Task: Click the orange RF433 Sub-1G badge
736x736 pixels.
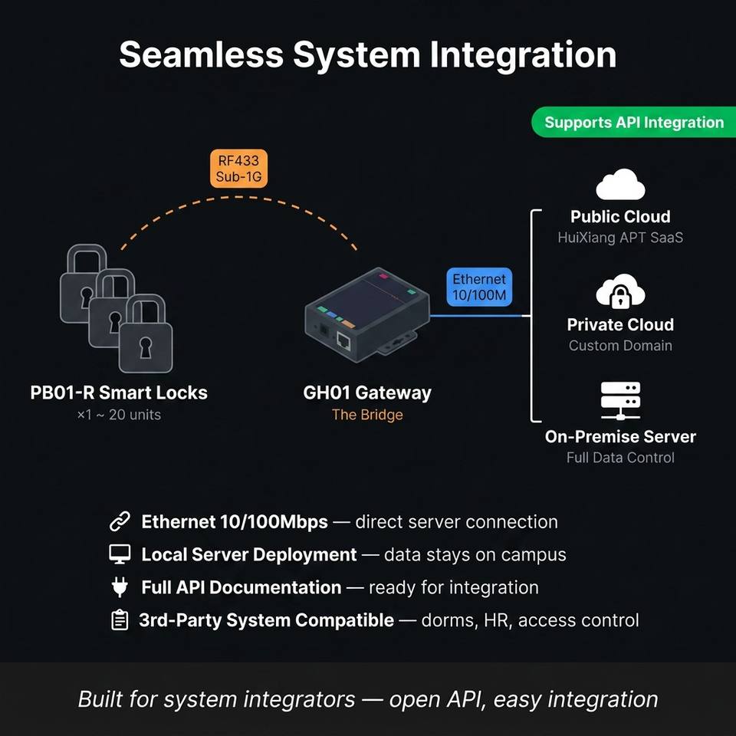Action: click(x=238, y=169)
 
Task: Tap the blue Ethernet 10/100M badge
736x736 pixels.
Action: click(x=478, y=287)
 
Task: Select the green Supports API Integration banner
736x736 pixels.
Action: click(x=634, y=122)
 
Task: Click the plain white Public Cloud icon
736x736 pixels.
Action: click(x=620, y=185)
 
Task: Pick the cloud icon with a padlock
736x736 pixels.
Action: click(x=620, y=291)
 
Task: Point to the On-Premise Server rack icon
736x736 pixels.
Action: click(x=620, y=400)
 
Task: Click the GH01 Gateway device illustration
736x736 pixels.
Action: click(x=367, y=315)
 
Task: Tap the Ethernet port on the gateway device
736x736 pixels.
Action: click(x=343, y=340)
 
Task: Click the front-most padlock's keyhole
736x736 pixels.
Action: click(x=146, y=347)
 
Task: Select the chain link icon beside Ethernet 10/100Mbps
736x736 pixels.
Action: click(x=120, y=521)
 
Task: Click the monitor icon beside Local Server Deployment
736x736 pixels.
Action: click(x=120, y=554)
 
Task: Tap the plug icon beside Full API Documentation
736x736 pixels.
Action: click(x=120, y=587)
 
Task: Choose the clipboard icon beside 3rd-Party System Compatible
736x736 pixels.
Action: click(x=120, y=620)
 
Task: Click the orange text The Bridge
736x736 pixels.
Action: click(x=367, y=415)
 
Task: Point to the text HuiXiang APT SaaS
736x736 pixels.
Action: click(x=620, y=238)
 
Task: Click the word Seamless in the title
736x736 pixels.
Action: click(x=202, y=55)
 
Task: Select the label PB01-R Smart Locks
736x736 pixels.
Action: click(x=119, y=393)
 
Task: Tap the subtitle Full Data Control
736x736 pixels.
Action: click(x=620, y=458)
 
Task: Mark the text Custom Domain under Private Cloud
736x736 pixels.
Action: click(x=620, y=346)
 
